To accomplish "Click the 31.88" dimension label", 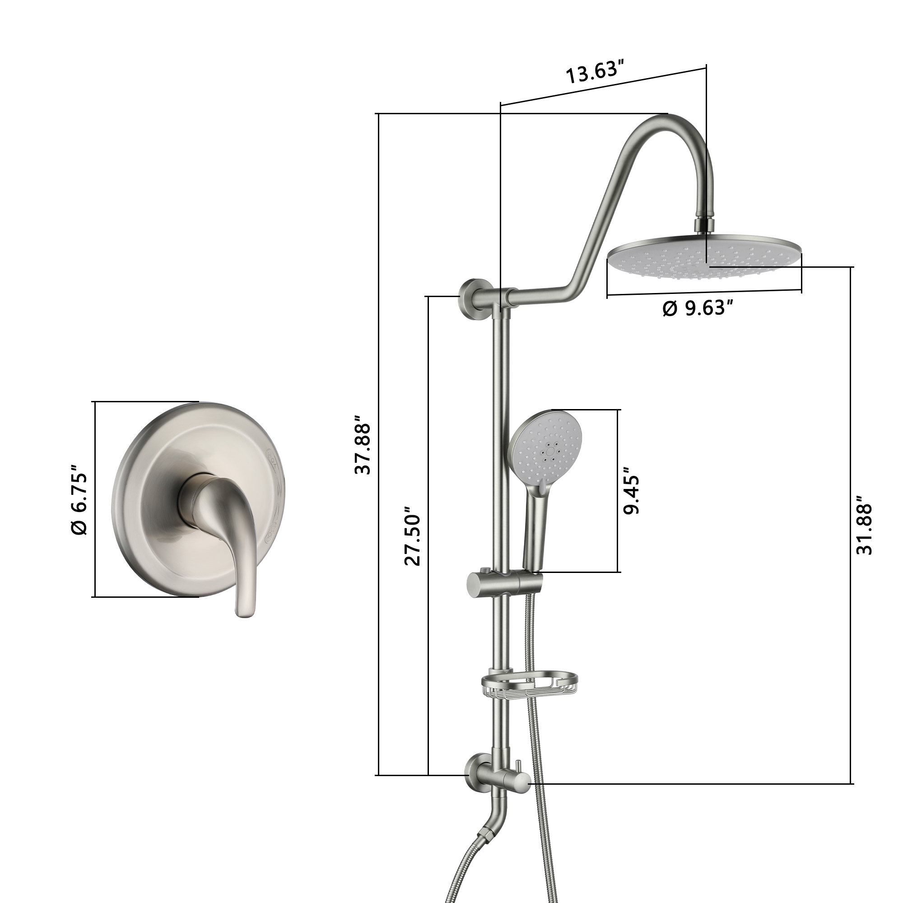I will (x=864, y=529).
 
